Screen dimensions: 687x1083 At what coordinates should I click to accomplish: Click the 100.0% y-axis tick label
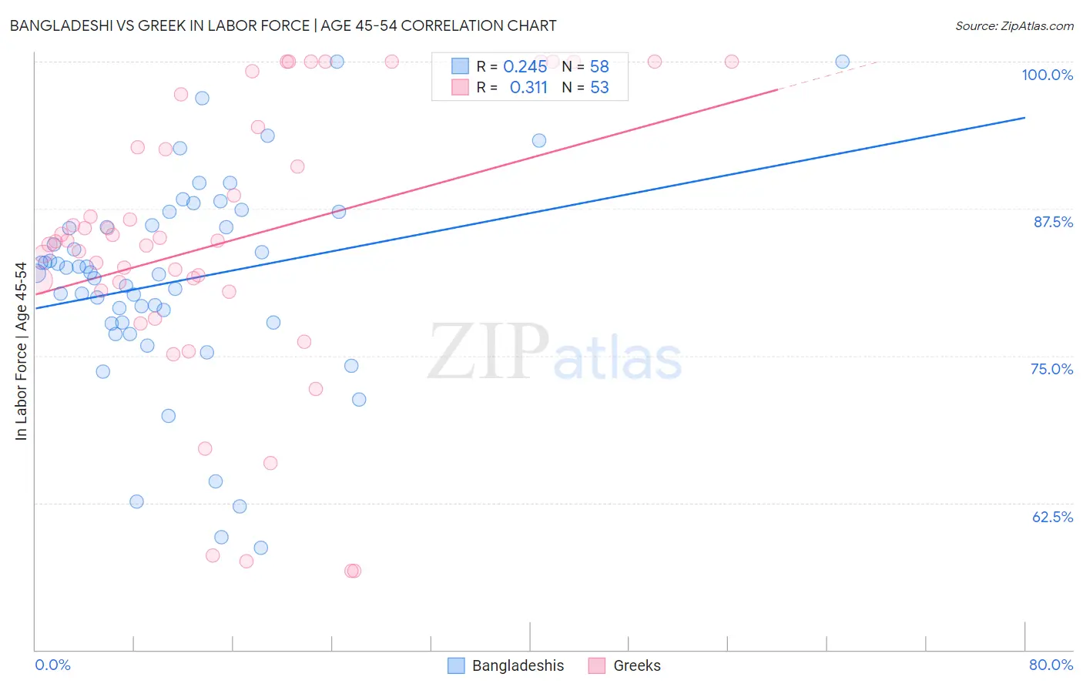pos(1047,75)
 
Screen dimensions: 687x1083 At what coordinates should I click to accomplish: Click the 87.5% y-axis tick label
pos(1052,222)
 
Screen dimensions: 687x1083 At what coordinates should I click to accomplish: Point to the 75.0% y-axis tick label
pos(1051,369)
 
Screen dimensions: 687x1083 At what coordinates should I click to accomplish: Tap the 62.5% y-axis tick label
pos(1052,517)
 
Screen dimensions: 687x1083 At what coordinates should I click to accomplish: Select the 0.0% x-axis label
pos(52,665)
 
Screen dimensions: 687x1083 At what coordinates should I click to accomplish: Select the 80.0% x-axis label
pos(1051,665)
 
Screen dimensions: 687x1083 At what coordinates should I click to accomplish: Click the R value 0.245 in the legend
pos(525,66)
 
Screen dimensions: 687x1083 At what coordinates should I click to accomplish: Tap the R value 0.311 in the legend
pos(528,87)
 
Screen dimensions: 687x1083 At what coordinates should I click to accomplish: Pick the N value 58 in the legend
pos(599,66)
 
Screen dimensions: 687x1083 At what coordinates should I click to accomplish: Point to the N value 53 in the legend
pos(599,87)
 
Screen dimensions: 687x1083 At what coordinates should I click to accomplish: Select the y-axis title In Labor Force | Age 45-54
pos(21,351)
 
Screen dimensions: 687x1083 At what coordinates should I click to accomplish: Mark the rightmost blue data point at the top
pos(842,62)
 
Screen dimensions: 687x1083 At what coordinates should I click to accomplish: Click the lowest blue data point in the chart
pos(261,548)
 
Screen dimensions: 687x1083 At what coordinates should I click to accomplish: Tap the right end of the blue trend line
pos(1024,117)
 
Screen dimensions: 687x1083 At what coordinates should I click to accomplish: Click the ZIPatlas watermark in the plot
pos(555,353)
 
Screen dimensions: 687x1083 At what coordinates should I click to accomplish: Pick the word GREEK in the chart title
pos(161,25)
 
